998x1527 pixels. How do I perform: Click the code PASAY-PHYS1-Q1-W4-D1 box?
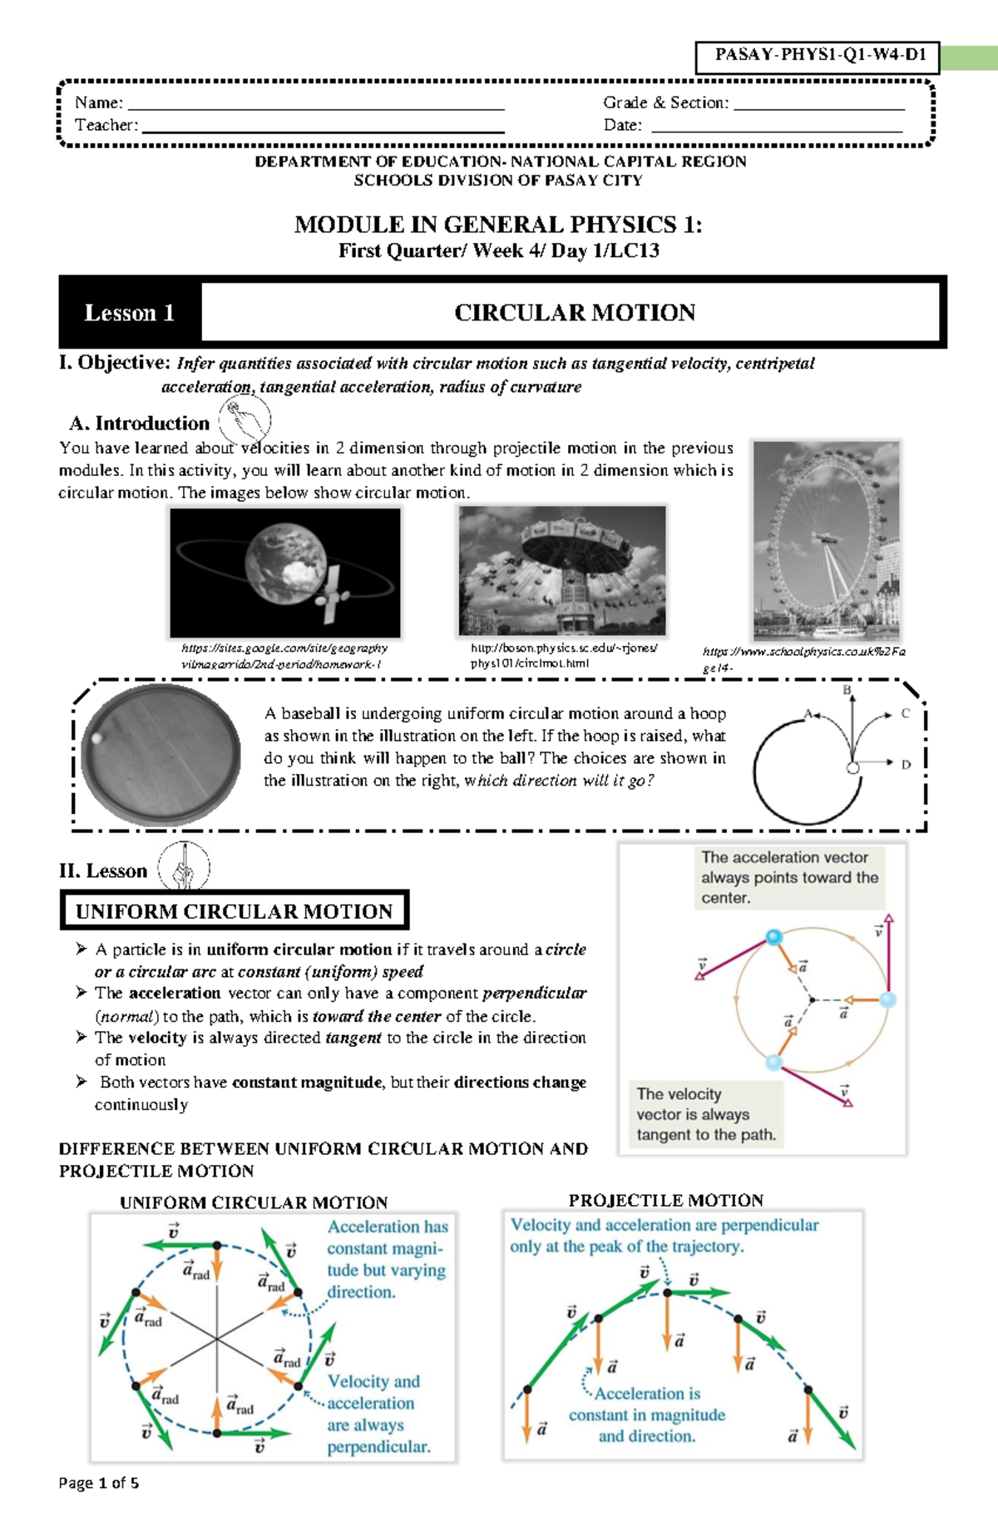pos(818,57)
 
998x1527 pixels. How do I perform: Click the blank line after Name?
pos(316,107)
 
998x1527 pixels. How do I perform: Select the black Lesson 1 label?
pos(130,313)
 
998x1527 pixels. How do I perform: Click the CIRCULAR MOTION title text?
pos(574,313)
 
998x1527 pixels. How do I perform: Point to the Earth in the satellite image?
pos(286,561)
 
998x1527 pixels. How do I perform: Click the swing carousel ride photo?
pos(562,571)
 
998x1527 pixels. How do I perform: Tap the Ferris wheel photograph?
pos(826,540)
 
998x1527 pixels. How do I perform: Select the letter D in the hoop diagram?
pos(906,764)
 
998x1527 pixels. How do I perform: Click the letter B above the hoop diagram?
pos(847,690)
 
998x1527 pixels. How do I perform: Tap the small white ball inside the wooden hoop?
pos(97,737)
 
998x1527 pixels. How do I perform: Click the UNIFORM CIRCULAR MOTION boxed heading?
pos(234,911)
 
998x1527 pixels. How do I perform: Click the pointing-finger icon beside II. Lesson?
pos(184,867)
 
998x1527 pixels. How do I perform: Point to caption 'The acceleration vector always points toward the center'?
pos(789,877)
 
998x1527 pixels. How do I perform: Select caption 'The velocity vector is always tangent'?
pos(705,1114)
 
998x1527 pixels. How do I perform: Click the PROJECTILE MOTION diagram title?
pos(665,1200)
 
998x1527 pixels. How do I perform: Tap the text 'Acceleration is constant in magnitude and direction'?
pos(647,1415)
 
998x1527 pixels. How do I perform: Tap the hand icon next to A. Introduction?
pos(245,419)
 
